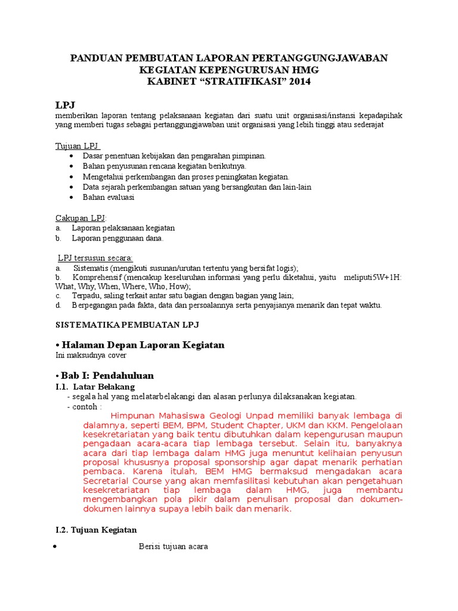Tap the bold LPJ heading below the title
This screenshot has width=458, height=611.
pyautogui.click(x=66, y=105)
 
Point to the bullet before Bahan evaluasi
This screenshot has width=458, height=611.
pyautogui.click(x=71, y=198)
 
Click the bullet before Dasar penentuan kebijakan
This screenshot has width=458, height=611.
pyautogui.click(x=71, y=156)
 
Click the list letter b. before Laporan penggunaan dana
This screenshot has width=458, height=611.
pyautogui.click(x=58, y=239)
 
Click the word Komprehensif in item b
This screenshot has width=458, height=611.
pyautogui.click(x=92, y=277)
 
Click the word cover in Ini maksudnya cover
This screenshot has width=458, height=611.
pyautogui.click(x=117, y=356)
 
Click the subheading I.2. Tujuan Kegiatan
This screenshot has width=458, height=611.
pyautogui.click(x=96, y=530)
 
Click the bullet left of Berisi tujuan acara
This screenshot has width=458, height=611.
pyautogui.click(x=55, y=547)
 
